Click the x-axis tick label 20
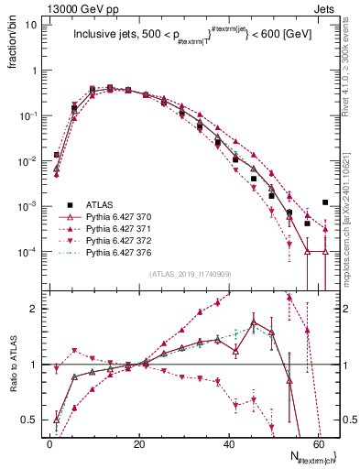click(x=139, y=442)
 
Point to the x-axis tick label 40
click(x=229, y=442)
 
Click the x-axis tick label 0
click(x=50, y=442)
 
